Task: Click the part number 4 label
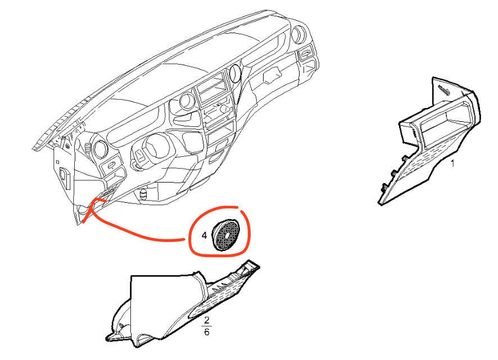(205, 235)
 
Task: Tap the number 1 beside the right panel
(452, 164)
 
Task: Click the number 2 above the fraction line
(207, 320)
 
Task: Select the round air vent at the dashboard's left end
(101, 148)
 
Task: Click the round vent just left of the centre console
(185, 103)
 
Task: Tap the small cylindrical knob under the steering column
(144, 194)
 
